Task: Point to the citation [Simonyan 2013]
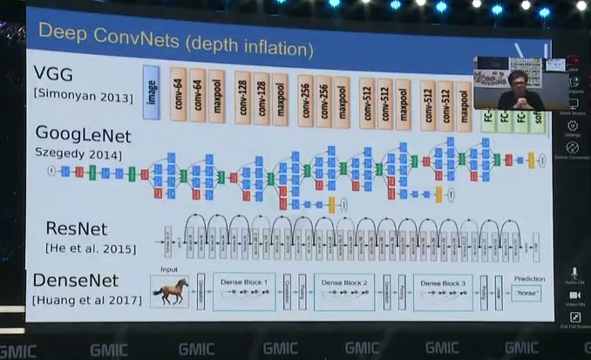[x=84, y=96]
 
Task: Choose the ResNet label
[x=77, y=229]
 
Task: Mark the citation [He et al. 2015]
[x=90, y=249]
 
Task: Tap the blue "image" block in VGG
[x=151, y=92]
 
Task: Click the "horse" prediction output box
[x=527, y=295]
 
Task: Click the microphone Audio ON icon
[x=574, y=273]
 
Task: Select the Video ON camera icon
[x=574, y=295]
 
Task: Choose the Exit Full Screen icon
[x=574, y=318]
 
